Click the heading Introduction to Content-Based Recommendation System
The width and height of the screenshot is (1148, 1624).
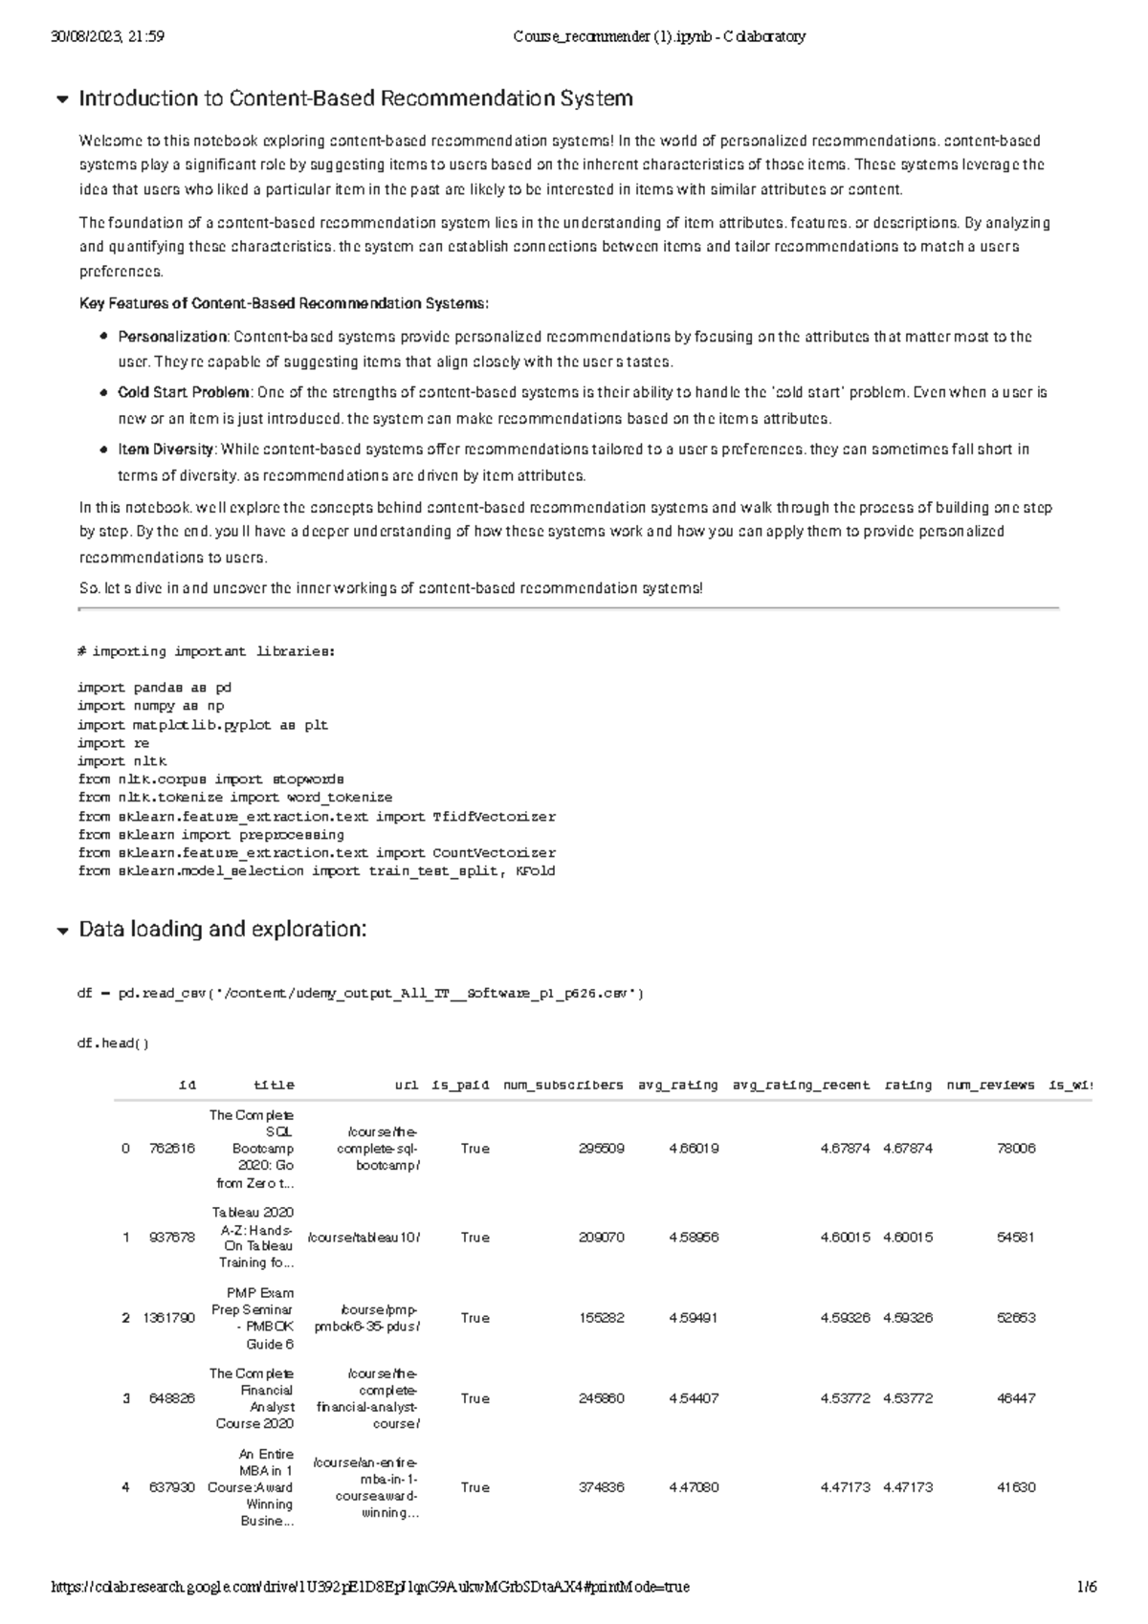pos(355,99)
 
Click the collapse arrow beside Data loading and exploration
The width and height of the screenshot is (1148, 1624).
pos(63,931)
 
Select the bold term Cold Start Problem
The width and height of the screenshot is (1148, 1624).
pos(184,393)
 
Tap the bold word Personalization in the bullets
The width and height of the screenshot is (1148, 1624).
pos(172,337)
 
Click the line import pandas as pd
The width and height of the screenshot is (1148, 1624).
pos(154,688)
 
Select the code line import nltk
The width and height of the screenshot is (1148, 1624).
pos(121,761)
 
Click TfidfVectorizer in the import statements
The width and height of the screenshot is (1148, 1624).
pos(494,817)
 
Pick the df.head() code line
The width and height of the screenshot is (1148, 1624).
pos(113,1043)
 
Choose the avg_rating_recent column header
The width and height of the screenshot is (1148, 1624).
pos(801,1086)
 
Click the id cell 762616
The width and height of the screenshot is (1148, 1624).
pos(172,1149)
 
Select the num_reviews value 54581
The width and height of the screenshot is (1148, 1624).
pos(1016,1238)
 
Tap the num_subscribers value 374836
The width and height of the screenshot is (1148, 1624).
pos(602,1488)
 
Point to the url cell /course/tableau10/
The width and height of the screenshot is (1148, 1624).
pos(364,1238)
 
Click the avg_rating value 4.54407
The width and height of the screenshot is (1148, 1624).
pos(694,1399)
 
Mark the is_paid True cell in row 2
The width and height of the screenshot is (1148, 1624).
pos(475,1318)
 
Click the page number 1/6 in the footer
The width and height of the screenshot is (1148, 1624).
pos(1087,1588)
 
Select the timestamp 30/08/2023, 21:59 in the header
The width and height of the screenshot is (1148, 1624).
pos(107,37)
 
